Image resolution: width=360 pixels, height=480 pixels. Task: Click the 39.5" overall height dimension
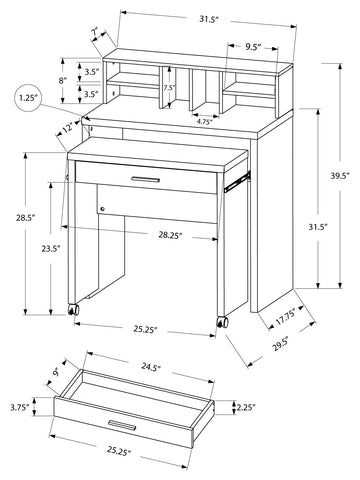click(340, 176)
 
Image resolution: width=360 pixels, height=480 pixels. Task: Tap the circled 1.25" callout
click(28, 98)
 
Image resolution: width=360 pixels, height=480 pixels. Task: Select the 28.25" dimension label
click(170, 235)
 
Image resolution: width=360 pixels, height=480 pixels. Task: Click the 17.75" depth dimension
click(285, 317)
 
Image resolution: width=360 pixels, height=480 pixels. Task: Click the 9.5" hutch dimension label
click(253, 47)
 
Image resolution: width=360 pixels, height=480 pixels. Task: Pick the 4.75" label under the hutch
click(204, 122)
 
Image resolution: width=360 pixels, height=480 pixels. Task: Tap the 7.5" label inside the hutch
click(169, 88)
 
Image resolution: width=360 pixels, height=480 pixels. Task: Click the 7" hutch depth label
click(95, 33)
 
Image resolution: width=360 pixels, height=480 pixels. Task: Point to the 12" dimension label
click(67, 128)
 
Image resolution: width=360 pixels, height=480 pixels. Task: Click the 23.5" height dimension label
click(51, 248)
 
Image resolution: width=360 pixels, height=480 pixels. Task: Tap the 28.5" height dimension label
click(25, 218)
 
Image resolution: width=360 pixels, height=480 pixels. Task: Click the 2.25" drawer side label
click(246, 407)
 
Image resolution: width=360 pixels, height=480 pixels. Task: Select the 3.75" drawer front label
click(20, 407)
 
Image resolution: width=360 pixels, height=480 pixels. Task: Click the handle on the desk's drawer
click(145, 180)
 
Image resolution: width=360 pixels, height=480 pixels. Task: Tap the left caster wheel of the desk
click(73, 310)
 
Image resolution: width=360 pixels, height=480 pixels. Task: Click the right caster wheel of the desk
click(222, 322)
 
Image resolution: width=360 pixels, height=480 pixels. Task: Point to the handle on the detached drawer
click(122, 425)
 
